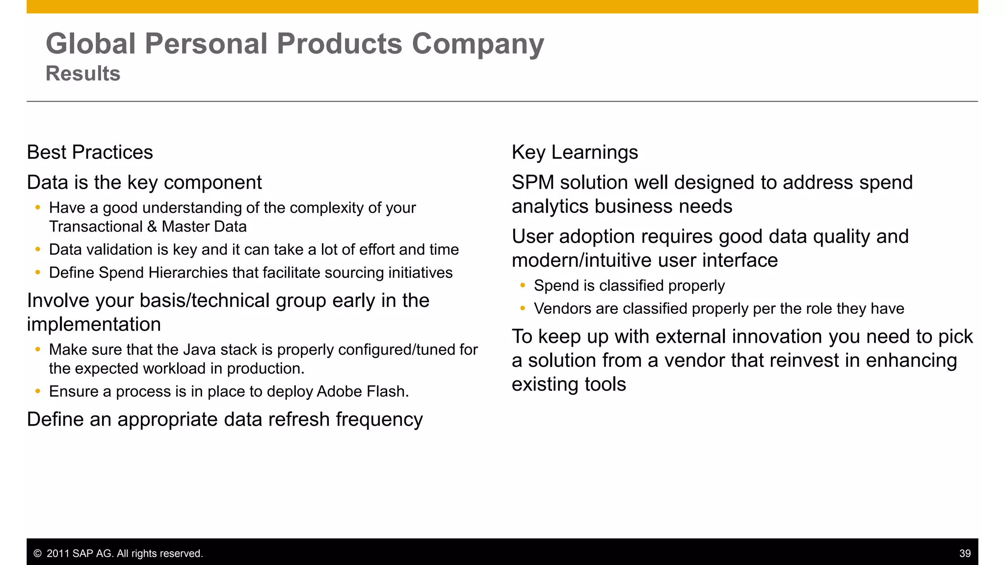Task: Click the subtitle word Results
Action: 83,74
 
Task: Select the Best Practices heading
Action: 90,153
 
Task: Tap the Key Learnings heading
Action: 575,153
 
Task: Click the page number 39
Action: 965,553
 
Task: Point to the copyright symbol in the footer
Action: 37,554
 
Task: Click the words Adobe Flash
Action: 362,391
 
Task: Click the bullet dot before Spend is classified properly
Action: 523,285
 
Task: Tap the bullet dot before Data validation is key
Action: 38,249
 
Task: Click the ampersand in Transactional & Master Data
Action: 152,227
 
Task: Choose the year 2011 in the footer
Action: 57,554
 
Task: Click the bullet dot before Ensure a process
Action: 38,391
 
